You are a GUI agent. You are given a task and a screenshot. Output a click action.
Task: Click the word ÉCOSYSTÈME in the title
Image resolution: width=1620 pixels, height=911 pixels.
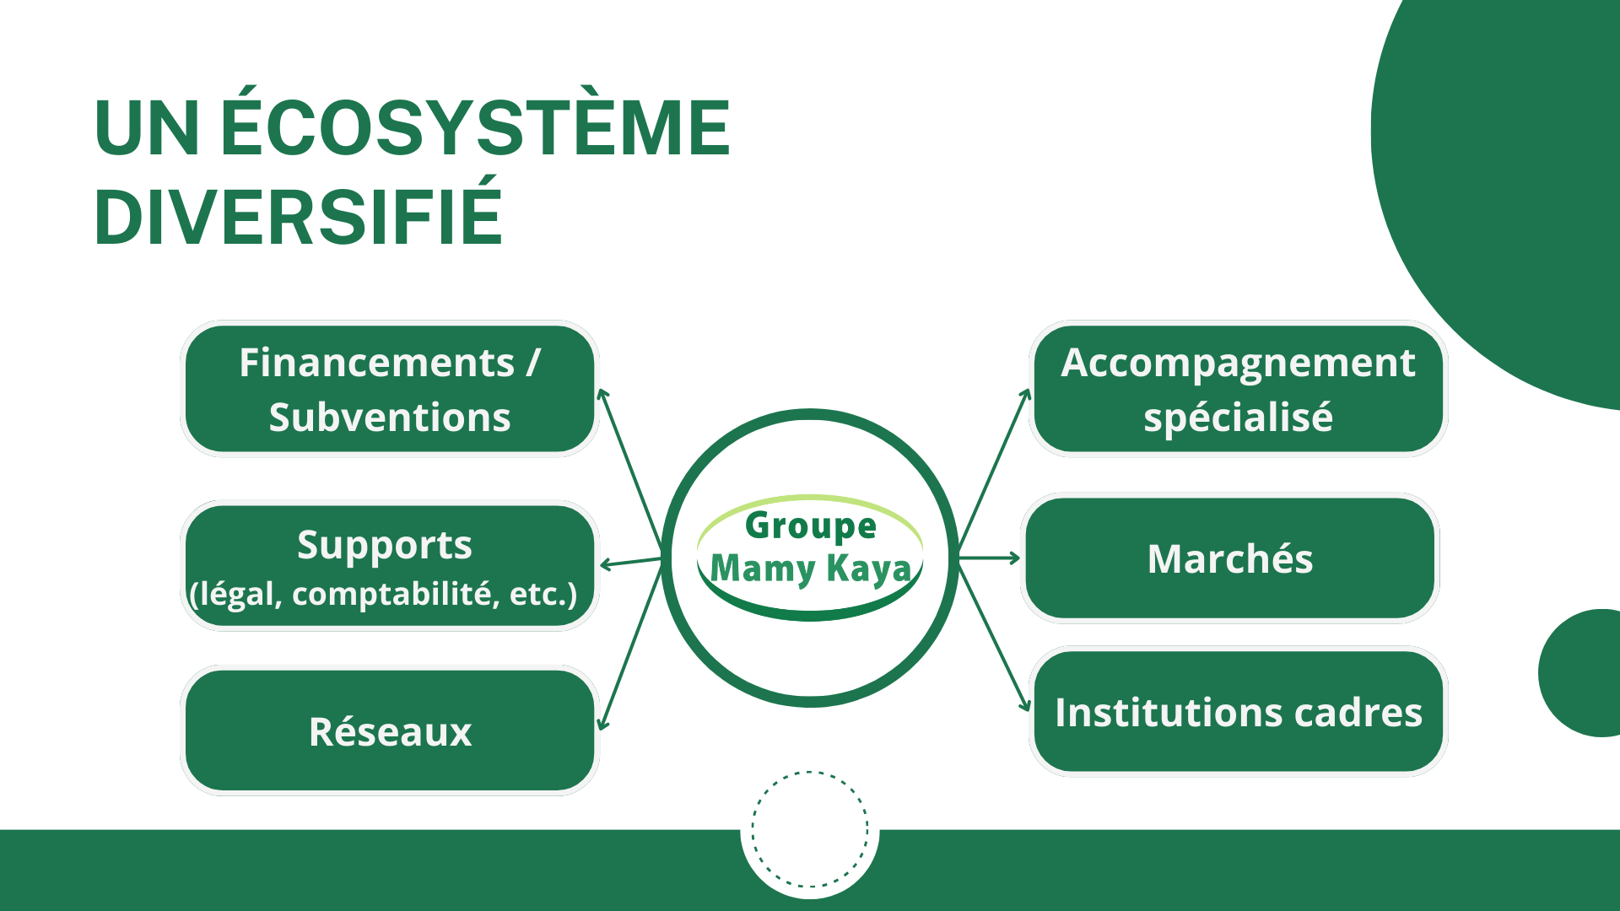(475, 128)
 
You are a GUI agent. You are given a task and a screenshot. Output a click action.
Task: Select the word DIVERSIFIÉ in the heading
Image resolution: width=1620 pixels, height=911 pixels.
(299, 217)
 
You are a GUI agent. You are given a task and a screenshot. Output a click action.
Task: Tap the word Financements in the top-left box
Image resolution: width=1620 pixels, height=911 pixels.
(376, 363)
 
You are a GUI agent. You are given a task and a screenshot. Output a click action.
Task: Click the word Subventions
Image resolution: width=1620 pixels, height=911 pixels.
(390, 418)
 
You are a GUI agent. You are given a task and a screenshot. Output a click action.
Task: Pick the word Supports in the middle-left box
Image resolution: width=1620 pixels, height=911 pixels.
(385, 545)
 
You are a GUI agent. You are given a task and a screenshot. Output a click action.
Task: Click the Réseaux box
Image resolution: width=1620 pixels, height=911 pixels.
(390, 731)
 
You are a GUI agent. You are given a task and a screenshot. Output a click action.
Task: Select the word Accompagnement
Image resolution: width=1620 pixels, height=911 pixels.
(1238, 363)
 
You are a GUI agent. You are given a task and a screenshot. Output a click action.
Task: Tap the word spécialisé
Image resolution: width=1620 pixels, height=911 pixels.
(1238, 418)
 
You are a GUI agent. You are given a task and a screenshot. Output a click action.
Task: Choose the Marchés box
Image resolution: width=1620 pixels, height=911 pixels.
(1229, 558)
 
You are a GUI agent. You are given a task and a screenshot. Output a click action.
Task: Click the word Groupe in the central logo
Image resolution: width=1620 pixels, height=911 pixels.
(811, 526)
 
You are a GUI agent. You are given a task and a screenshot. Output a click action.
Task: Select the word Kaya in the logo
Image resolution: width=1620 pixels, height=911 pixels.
(869, 569)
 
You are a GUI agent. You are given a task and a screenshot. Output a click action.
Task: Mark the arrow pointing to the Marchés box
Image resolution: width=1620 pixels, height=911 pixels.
(989, 558)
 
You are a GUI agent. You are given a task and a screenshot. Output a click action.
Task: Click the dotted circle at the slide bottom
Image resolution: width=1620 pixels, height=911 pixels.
(810, 829)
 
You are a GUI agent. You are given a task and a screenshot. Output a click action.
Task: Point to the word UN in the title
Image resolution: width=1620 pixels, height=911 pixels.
(147, 128)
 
